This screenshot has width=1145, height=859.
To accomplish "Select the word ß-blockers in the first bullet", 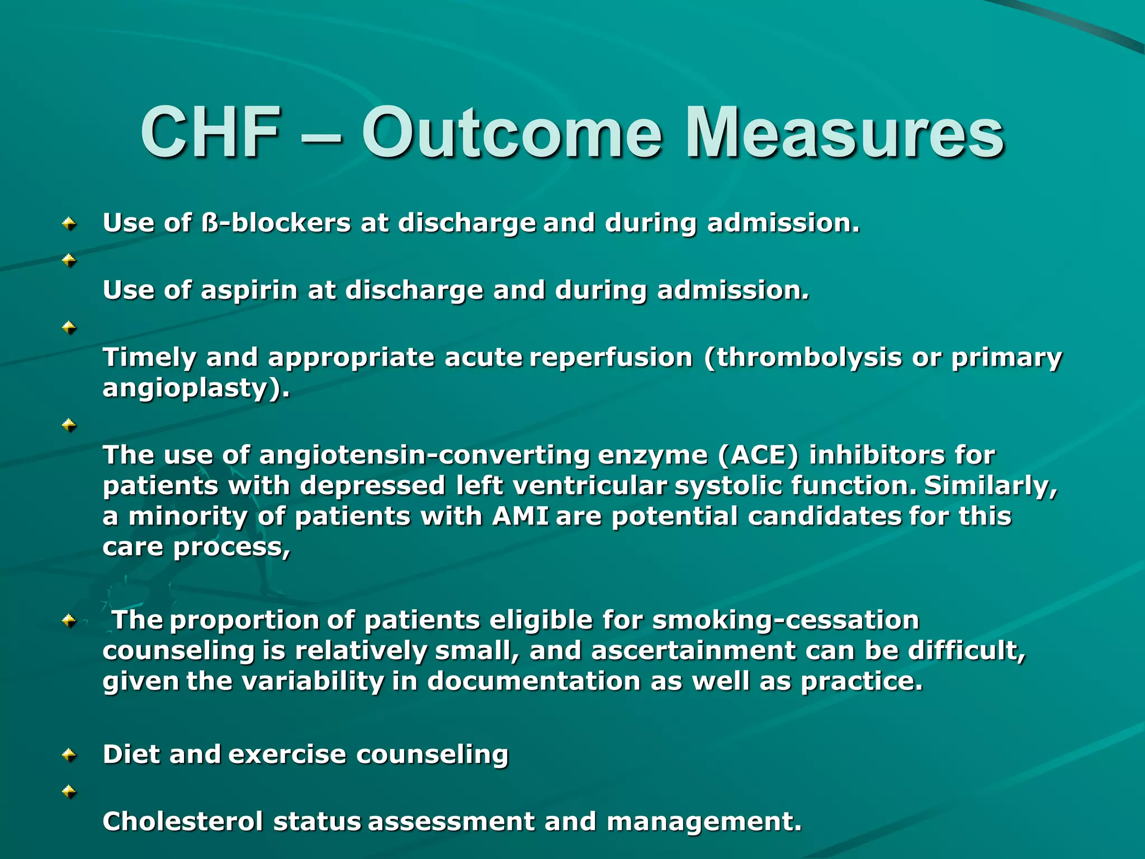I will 276,223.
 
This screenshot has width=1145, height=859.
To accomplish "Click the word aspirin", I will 249,290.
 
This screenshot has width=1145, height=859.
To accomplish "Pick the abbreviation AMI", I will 520,516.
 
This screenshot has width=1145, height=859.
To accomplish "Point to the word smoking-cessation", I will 786,620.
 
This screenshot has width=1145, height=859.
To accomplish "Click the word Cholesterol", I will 183,821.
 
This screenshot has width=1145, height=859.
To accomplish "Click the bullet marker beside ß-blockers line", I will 69,224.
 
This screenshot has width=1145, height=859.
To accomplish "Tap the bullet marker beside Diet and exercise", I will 69,756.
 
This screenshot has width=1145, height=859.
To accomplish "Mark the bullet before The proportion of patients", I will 69,620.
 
